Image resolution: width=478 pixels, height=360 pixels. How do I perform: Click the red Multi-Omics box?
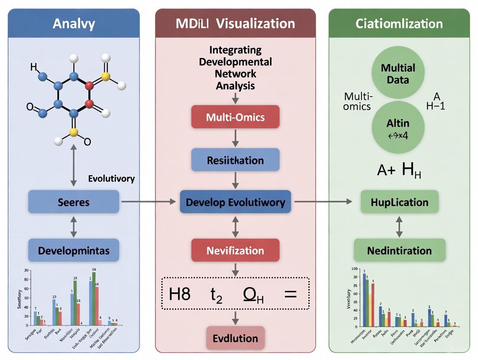tap(235, 117)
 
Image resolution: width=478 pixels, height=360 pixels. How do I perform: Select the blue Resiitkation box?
tap(235, 161)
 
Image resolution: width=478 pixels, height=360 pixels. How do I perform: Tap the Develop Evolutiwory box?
tap(236, 202)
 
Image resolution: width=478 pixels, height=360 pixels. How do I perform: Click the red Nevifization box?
tap(235, 251)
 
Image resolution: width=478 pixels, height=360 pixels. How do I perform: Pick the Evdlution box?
tap(235, 338)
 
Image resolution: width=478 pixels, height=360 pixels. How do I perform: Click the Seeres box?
tap(74, 202)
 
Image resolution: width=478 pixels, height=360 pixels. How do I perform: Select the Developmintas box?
tap(74, 251)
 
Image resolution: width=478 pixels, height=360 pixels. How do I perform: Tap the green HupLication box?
tap(400, 202)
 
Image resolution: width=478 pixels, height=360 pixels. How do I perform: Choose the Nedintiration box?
tap(400, 251)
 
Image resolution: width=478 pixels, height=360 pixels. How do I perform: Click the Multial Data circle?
tap(398, 74)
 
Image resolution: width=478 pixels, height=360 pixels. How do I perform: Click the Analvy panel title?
tap(74, 23)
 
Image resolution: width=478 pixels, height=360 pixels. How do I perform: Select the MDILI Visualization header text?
tap(235, 23)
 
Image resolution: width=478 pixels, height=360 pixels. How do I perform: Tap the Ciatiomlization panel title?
tap(399, 23)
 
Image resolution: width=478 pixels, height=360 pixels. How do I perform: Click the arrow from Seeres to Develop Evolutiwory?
tap(149, 202)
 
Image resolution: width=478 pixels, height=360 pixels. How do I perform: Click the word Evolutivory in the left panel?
tap(111, 179)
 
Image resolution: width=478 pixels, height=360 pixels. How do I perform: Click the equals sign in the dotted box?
tap(290, 294)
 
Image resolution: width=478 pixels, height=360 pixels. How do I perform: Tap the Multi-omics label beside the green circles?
tap(358, 101)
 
